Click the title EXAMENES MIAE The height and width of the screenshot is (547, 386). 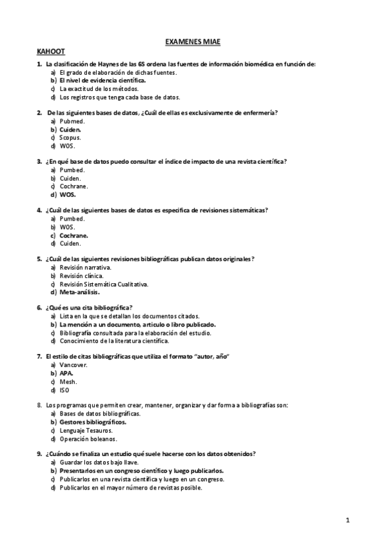tap(193, 41)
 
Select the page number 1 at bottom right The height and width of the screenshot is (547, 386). tap(347, 520)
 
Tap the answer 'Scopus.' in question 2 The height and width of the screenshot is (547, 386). tap(70, 137)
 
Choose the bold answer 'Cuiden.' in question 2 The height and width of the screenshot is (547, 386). tap(70, 130)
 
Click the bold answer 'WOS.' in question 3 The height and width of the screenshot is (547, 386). tap(68, 194)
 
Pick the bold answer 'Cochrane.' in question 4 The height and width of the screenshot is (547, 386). tap(74, 235)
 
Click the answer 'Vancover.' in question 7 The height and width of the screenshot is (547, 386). tap(73, 365)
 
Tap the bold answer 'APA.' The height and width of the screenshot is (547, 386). tap(66, 373)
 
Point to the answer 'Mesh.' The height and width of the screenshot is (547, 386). tap(68, 381)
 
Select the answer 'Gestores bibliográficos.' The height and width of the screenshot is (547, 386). tap(93, 422)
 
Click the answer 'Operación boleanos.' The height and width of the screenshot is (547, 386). tap(88, 439)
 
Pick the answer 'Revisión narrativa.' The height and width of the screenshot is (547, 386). tap(85, 267)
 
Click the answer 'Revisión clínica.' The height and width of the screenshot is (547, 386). tap(81, 275)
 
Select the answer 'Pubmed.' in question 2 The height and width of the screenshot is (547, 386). tap(72, 121)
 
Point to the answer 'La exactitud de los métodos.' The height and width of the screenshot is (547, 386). tap(99, 88)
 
